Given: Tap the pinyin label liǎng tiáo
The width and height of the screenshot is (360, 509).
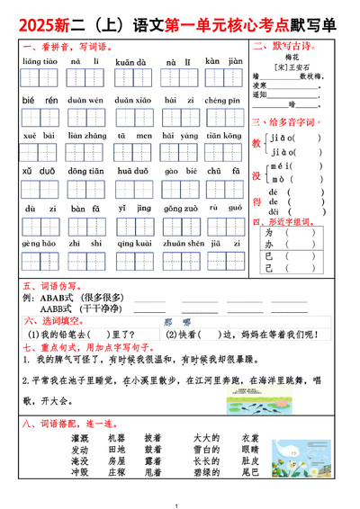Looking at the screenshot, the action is [x=39, y=62].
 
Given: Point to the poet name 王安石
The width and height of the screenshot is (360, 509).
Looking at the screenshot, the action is [x=292, y=67].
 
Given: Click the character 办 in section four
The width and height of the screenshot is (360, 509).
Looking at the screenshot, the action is [x=269, y=243].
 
